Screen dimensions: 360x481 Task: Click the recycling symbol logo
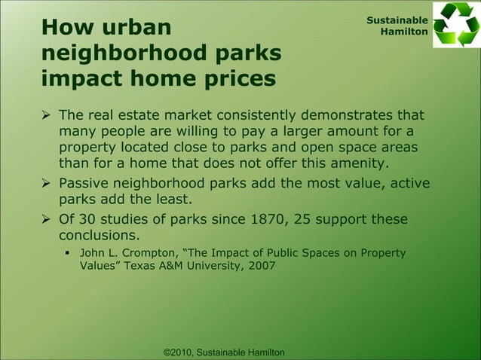pos(455,26)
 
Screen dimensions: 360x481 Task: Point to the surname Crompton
pos(148,252)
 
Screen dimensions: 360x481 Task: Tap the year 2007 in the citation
pos(259,267)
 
